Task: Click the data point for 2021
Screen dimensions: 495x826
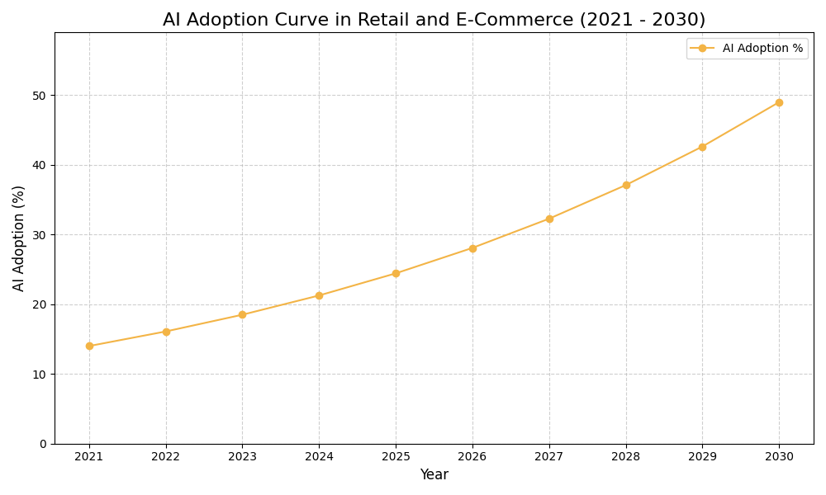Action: pos(89,346)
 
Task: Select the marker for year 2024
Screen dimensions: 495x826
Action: pos(319,295)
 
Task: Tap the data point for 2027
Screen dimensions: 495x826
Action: pos(549,219)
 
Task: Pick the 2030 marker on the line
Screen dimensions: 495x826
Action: pos(779,102)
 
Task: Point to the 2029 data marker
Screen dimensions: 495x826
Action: pos(702,147)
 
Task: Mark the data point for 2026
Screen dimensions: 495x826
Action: pos(472,248)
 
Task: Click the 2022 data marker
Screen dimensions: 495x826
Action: pos(166,332)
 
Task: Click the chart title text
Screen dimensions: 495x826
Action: pos(434,20)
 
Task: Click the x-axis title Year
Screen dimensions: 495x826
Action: pos(434,475)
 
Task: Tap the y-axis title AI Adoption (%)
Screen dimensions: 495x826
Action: pos(19,238)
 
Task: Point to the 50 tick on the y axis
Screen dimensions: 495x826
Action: pos(40,96)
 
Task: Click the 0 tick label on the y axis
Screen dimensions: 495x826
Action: pos(43,444)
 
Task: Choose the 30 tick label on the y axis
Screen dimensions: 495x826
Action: pos(40,235)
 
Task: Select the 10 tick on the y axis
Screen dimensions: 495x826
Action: pos(40,375)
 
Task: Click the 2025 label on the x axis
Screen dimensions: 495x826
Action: pos(396,456)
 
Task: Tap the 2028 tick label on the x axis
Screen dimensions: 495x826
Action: pos(626,456)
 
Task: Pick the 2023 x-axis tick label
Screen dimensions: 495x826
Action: pos(242,456)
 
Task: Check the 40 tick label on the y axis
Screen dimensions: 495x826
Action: pos(40,165)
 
